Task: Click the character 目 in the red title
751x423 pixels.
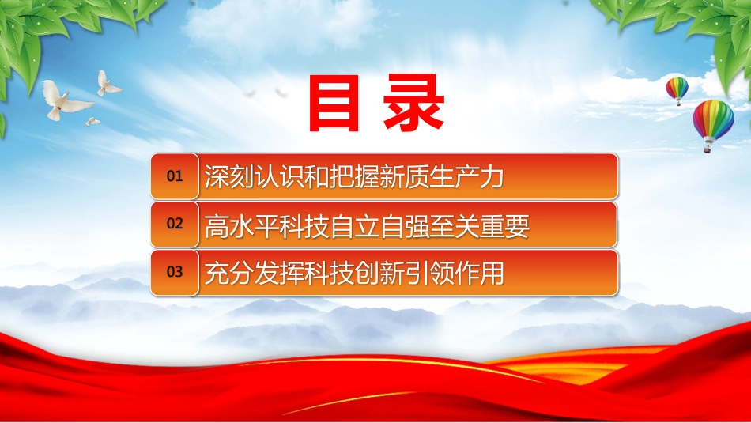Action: [334, 103]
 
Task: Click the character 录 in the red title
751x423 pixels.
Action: [414, 103]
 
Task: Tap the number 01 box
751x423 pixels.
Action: [175, 176]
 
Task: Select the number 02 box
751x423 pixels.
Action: [175, 224]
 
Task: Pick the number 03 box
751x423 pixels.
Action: [175, 272]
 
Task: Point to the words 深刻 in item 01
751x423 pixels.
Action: [229, 176]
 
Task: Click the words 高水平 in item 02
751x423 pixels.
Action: [242, 226]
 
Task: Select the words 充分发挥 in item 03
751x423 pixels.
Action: [255, 273]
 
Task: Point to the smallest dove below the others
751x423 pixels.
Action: [92, 121]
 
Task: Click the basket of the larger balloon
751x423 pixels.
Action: [707, 149]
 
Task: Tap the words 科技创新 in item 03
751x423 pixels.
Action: [354, 273]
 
